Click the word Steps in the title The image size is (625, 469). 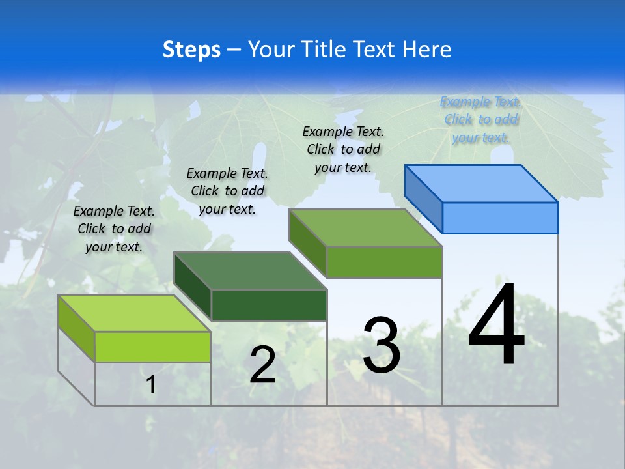pos(191,50)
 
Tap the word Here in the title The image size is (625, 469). pos(426,50)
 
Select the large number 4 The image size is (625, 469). pos(497,326)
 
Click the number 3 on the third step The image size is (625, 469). pos(382,345)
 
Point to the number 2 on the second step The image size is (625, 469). pos(263,365)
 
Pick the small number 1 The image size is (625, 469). pos(150,385)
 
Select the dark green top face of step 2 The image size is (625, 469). pos(250,270)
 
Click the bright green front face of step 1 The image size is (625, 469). pos(152,347)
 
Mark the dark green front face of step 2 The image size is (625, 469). pos(269,305)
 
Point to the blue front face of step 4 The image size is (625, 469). pos(500,218)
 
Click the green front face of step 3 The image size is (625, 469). pos(384,262)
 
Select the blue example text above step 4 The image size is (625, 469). pos(480,119)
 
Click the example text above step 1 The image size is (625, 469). pos(114,229)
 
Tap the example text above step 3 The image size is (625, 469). pos(343,149)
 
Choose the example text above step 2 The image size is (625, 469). pos(227,191)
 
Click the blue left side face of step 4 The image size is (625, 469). pos(423,195)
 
